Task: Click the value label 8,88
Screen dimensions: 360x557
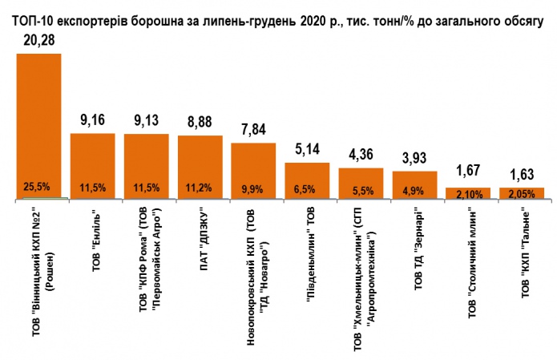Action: [200, 123]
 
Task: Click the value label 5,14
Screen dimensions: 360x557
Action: [307, 150]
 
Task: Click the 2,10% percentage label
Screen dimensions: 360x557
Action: [469, 192]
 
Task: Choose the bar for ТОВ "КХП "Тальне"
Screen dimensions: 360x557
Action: [522, 192]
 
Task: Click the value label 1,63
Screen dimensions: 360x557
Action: [522, 176]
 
